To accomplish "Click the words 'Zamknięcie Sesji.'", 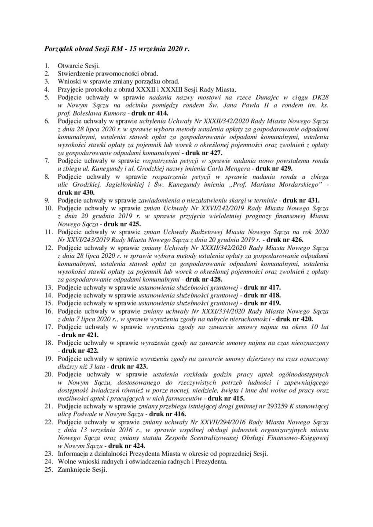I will pyautogui.click(x=82, y=468).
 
